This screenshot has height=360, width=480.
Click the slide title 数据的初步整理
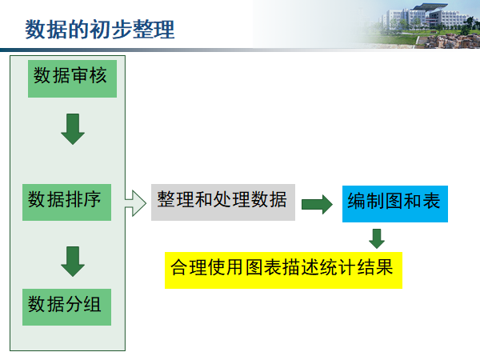(x=99, y=30)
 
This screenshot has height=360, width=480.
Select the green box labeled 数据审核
(x=71, y=77)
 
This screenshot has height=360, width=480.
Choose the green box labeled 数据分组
(x=66, y=305)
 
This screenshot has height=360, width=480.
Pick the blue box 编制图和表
(x=394, y=202)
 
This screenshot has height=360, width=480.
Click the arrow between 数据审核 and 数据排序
(x=73, y=128)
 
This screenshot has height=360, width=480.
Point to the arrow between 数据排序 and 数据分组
(x=73, y=261)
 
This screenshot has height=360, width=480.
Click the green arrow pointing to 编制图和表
(x=317, y=205)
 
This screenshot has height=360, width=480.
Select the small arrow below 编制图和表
(x=377, y=238)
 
